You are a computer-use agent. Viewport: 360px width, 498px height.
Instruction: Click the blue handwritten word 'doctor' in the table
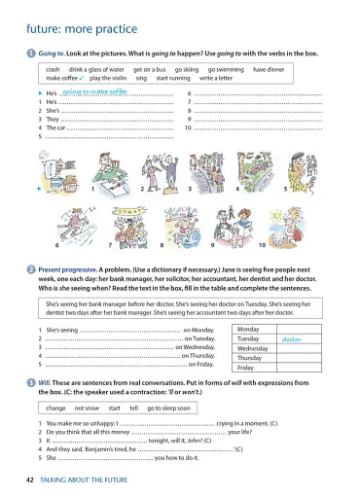[291, 339]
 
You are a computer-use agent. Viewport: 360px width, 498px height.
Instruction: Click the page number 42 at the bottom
[31, 480]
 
